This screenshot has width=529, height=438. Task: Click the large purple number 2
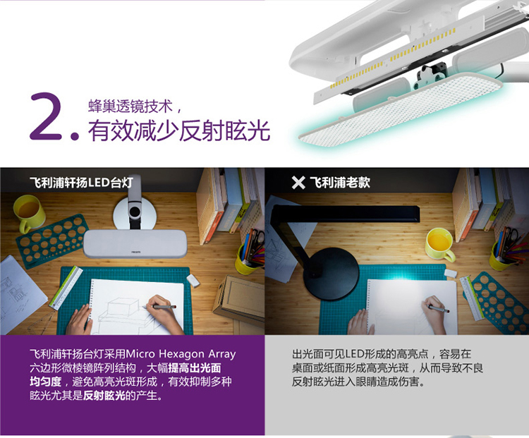pyautogui.click(x=47, y=116)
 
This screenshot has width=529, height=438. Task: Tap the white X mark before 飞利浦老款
pyautogui.click(x=298, y=183)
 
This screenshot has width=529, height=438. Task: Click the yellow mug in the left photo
pyautogui.click(x=29, y=213)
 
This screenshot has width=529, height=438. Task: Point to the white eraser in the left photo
pyautogui.click(x=193, y=280)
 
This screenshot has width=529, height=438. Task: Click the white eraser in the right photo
pyautogui.click(x=451, y=273)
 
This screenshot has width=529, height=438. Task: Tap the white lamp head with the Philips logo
pyautogui.click(x=135, y=243)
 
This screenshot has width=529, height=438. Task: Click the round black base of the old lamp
pyautogui.click(x=332, y=274)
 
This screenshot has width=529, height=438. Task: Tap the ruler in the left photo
pyautogui.click(x=66, y=288)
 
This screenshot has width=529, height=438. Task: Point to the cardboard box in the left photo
pyautogui.click(x=239, y=301)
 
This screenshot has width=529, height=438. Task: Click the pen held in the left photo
pyautogui.click(x=159, y=307)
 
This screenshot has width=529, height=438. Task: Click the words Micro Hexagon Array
pyautogui.click(x=181, y=354)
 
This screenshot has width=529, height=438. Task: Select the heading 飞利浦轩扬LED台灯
pyautogui.click(x=81, y=183)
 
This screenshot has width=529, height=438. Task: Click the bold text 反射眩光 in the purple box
pyautogui.click(x=104, y=395)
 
